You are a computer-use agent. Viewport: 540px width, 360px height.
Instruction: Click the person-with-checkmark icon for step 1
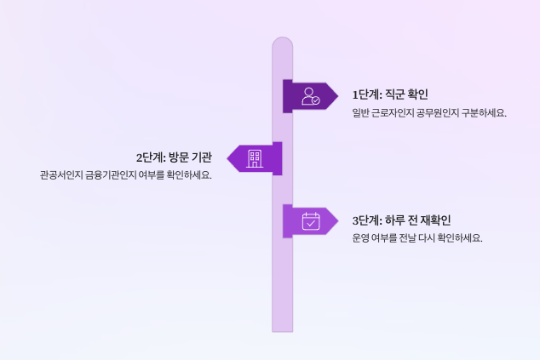(311, 95)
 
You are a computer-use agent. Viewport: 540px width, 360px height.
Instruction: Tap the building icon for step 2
(254, 158)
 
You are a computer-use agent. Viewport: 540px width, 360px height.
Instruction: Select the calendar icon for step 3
(311, 221)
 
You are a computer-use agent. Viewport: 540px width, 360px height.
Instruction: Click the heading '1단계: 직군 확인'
(390, 94)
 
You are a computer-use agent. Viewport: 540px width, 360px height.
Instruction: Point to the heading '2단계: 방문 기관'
(174, 157)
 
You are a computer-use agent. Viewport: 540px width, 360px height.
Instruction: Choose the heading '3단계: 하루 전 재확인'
(401, 220)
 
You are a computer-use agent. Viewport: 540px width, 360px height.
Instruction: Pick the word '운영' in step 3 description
(362, 238)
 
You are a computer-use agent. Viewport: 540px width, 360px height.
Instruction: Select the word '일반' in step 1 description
(361, 112)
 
